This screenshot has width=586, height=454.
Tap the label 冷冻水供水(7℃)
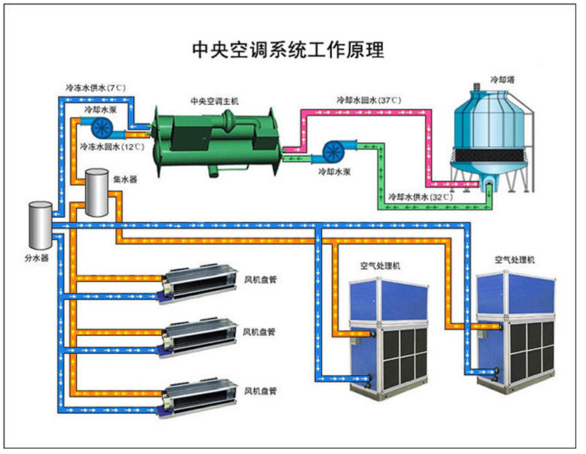95,88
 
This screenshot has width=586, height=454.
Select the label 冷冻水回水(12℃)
111,146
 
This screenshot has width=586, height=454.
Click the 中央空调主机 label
214,101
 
